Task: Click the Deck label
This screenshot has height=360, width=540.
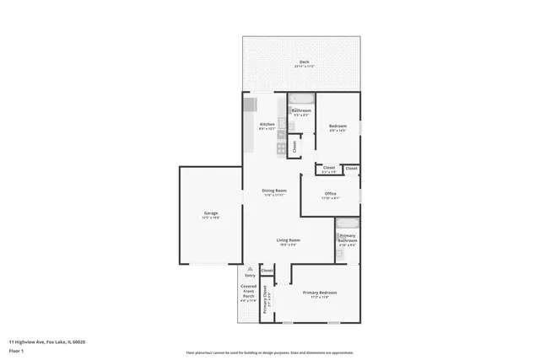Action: click(x=304, y=62)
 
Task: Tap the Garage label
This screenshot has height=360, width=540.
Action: click(x=210, y=213)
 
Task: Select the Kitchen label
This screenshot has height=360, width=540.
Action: click(x=267, y=125)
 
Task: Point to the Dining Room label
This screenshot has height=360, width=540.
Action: click(x=274, y=191)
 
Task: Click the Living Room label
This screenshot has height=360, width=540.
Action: click(x=289, y=241)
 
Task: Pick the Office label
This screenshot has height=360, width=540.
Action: click(x=331, y=194)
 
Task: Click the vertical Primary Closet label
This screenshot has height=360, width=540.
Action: click(x=265, y=298)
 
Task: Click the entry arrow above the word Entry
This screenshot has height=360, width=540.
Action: click(x=250, y=268)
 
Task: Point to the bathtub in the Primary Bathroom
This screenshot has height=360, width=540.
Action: click(x=347, y=224)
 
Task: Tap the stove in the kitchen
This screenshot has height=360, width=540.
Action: click(x=282, y=148)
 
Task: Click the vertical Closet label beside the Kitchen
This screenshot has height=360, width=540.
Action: click(x=294, y=145)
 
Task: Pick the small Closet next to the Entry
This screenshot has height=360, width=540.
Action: click(x=267, y=271)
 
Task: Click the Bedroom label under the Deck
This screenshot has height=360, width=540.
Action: click(x=337, y=126)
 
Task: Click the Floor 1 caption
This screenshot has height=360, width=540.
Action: click(x=16, y=350)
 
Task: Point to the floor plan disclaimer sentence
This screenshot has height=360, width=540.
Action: click(x=269, y=352)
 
